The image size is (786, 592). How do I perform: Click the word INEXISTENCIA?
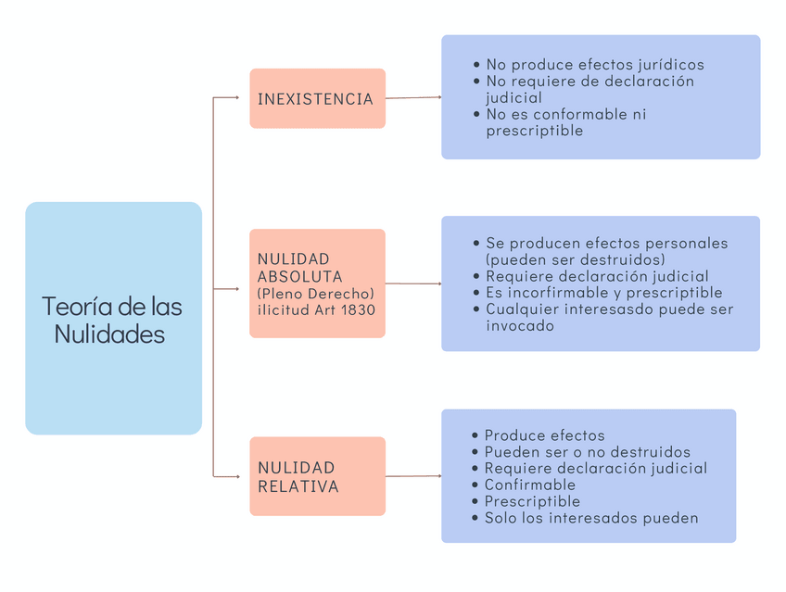click(x=315, y=99)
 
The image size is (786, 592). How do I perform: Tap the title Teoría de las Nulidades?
click(x=112, y=320)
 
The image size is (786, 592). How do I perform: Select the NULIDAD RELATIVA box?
click(x=317, y=476)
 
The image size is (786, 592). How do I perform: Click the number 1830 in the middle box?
click(x=358, y=309)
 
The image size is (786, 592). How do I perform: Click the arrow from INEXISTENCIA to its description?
click(x=412, y=97)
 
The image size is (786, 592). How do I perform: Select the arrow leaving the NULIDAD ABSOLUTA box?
click(x=412, y=283)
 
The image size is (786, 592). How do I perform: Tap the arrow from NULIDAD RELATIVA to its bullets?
click(x=412, y=476)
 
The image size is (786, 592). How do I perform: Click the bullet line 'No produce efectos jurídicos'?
click(x=594, y=65)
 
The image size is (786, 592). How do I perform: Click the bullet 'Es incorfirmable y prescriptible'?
click(x=603, y=293)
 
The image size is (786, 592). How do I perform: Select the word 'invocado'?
click(x=519, y=326)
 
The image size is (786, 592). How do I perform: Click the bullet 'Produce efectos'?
click(x=544, y=435)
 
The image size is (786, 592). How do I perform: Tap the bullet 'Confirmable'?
click(x=529, y=485)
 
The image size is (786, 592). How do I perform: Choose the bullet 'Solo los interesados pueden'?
click(x=590, y=518)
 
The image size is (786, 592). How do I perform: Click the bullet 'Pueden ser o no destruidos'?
click(x=587, y=452)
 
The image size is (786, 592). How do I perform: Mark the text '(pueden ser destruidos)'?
click(x=575, y=259)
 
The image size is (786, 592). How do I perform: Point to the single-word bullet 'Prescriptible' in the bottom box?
click(x=532, y=501)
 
